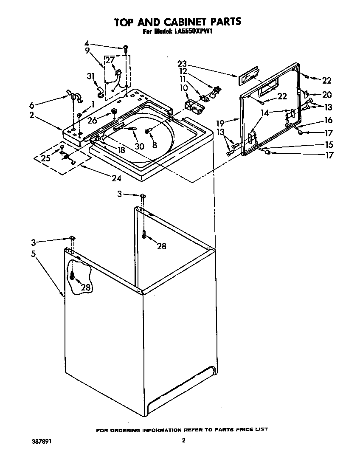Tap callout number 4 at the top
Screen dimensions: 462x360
(87, 43)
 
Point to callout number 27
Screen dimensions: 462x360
(110, 60)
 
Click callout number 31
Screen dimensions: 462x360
(90, 76)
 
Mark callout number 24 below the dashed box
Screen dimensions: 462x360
(116, 178)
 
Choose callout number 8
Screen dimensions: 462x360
(155, 145)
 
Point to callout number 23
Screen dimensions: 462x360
(182, 64)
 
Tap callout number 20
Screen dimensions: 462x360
(327, 94)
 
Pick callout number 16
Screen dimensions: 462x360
(328, 120)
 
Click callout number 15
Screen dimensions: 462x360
(328, 144)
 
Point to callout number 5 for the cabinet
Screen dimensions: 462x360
(33, 254)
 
